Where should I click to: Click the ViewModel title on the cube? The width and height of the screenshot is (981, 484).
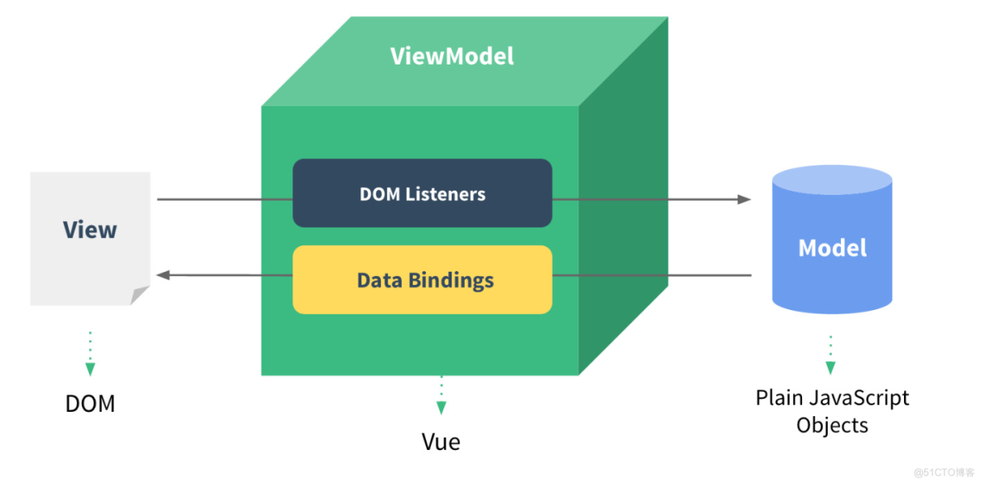(x=452, y=56)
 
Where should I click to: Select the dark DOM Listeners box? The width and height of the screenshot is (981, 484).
(x=422, y=193)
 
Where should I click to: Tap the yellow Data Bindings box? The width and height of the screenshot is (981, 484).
(x=422, y=279)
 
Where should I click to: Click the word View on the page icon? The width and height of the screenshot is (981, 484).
(x=89, y=230)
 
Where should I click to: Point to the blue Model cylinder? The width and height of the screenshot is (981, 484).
(x=832, y=248)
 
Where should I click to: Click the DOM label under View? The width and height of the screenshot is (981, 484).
(x=89, y=404)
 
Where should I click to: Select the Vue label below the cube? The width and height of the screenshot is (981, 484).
(x=441, y=441)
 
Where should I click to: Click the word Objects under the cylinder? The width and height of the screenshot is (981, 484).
(x=832, y=425)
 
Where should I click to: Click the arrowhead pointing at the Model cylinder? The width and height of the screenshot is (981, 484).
(x=744, y=199)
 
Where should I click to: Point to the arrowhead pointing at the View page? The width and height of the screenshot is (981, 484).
(x=163, y=275)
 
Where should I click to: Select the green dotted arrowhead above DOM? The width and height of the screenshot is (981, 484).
(x=90, y=370)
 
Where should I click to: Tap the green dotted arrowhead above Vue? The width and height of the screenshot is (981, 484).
(x=442, y=407)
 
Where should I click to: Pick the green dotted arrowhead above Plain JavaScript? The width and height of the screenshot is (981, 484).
(x=830, y=368)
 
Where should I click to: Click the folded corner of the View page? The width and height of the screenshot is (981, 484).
(x=139, y=295)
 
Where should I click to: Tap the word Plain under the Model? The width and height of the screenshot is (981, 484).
(x=778, y=398)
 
